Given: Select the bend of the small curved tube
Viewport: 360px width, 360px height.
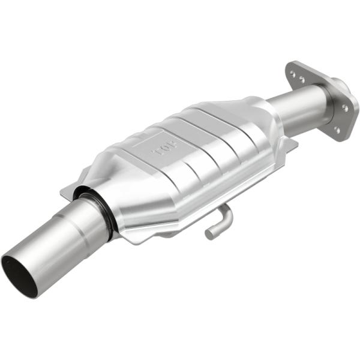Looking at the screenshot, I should click(226, 212).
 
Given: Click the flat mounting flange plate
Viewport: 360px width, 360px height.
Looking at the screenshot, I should click(324, 102).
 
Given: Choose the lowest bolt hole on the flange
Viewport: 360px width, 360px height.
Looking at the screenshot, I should click(337, 128).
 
